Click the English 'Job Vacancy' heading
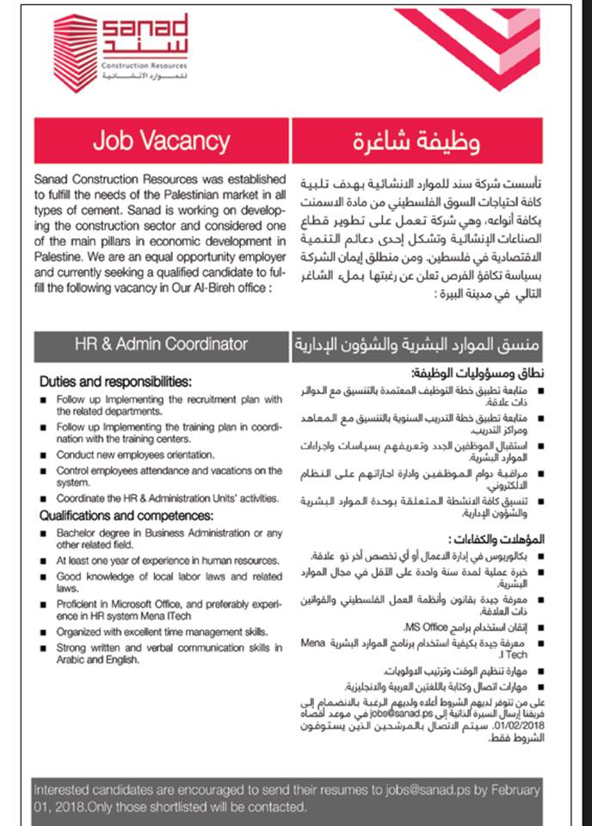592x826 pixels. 162,140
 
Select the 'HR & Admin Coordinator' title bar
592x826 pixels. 161,344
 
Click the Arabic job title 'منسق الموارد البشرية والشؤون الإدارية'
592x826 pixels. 416,344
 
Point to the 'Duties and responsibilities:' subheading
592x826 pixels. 114,381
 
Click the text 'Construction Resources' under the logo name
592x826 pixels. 144,65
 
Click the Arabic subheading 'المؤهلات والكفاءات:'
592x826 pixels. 500,539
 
